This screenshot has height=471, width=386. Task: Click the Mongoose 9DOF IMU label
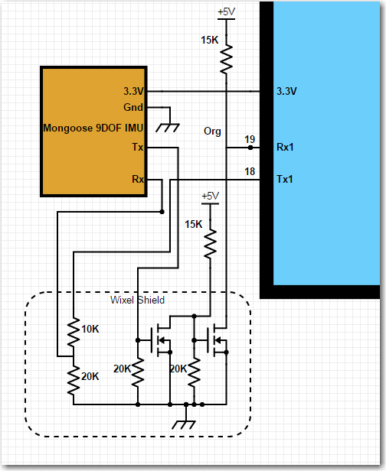(x=93, y=128)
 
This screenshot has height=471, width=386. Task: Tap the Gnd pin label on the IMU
(x=133, y=107)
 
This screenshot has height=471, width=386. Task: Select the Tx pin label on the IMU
(x=138, y=147)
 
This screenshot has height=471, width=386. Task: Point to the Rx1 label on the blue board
(x=285, y=147)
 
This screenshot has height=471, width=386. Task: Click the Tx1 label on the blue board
(x=285, y=180)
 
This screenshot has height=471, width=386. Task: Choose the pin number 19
(x=250, y=139)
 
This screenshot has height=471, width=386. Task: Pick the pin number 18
(x=250, y=171)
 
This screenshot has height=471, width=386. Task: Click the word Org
(x=212, y=132)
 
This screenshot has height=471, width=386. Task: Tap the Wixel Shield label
(x=138, y=300)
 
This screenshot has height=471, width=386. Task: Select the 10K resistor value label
(x=90, y=330)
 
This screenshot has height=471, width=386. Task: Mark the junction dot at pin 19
(x=250, y=148)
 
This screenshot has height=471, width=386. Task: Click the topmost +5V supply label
(x=226, y=12)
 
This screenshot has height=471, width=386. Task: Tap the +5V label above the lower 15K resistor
(x=211, y=197)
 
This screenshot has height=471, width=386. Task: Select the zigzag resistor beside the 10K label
(x=74, y=333)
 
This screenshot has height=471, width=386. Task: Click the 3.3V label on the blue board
(x=286, y=91)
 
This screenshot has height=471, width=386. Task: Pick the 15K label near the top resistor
(x=210, y=40)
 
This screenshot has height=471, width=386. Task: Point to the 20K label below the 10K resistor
(x=90, y=376)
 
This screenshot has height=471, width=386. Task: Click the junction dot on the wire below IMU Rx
(x=162, y=212)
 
